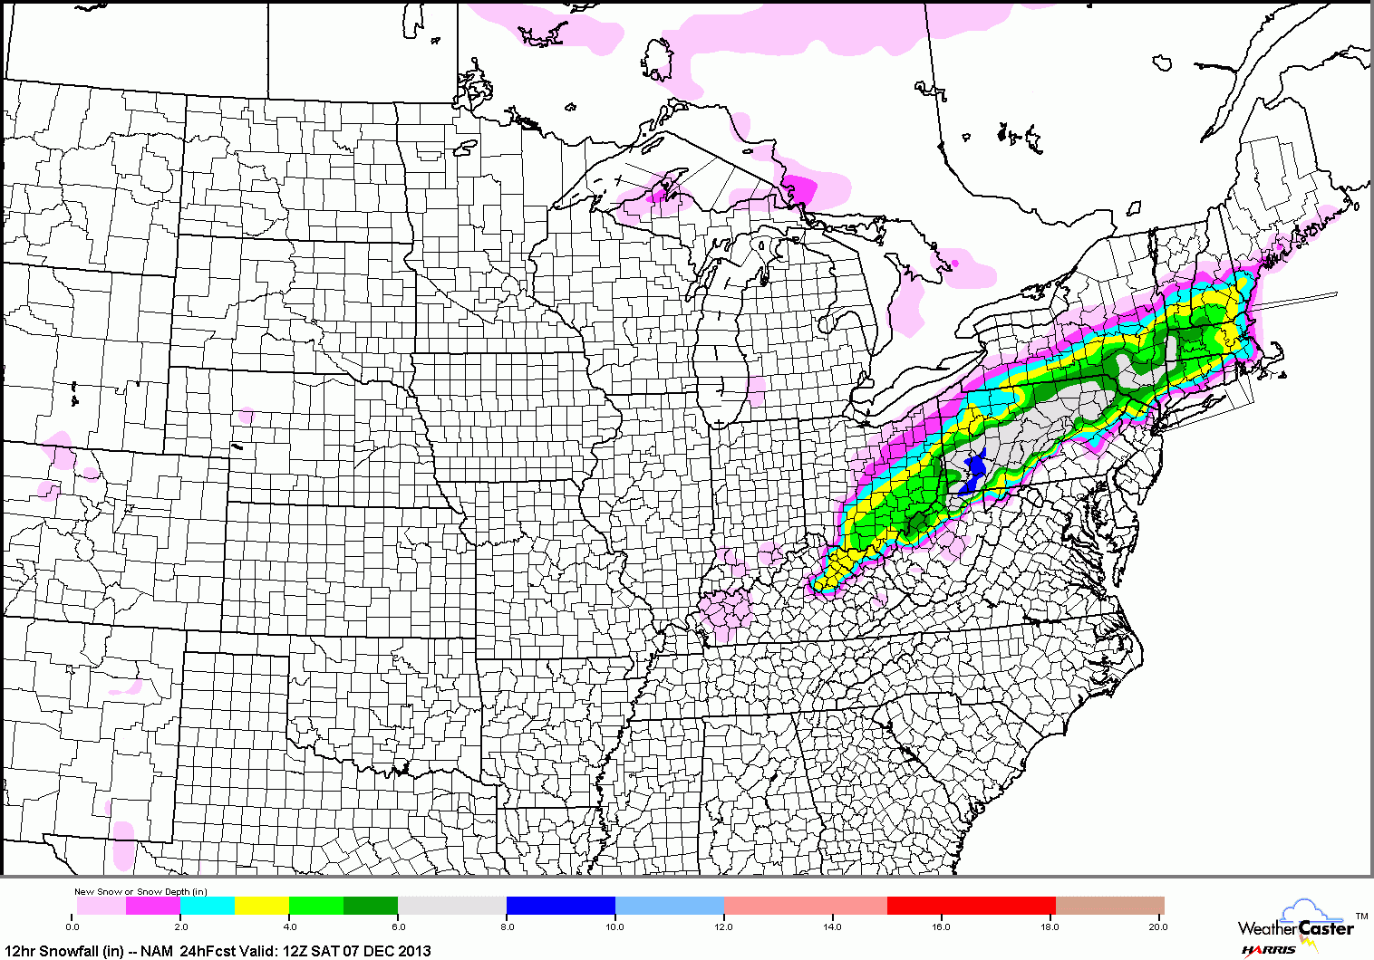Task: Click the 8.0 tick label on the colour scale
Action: pos(508,926)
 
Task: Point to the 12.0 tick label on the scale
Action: pos(723,926)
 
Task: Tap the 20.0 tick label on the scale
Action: pos(1157,926)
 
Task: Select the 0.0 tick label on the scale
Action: pos(73,926)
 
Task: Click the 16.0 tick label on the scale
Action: pos(941,926)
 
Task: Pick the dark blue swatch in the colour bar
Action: pos(560,906)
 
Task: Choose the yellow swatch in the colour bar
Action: pos(262,906)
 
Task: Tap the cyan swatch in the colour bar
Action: pos(208,906)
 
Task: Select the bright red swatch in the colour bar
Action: pos(971,906)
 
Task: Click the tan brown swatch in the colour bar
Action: pos(1110,906)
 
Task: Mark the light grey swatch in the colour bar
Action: pos(451,906)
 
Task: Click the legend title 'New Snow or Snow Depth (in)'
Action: pos(140,892)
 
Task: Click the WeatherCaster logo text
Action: pos(1296,927)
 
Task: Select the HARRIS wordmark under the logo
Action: pos(1269,950)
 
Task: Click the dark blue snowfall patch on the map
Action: pos(972,472)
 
